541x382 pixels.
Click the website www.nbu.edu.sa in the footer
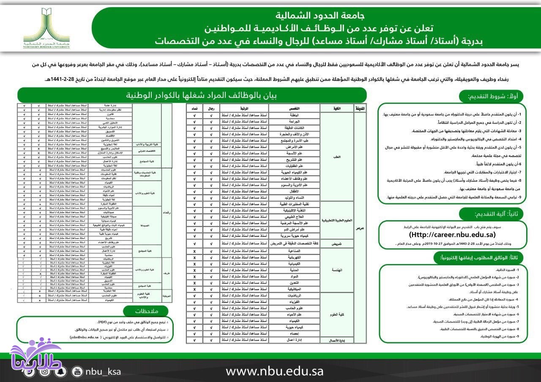click(274, 371)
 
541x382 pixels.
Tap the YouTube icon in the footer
click(77, 371)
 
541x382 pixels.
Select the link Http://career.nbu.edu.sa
click(452, 235)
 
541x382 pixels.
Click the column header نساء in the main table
click(194, 108)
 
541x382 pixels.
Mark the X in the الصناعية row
click(194, 251)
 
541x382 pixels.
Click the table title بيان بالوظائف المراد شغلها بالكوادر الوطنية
click(191, 95)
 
